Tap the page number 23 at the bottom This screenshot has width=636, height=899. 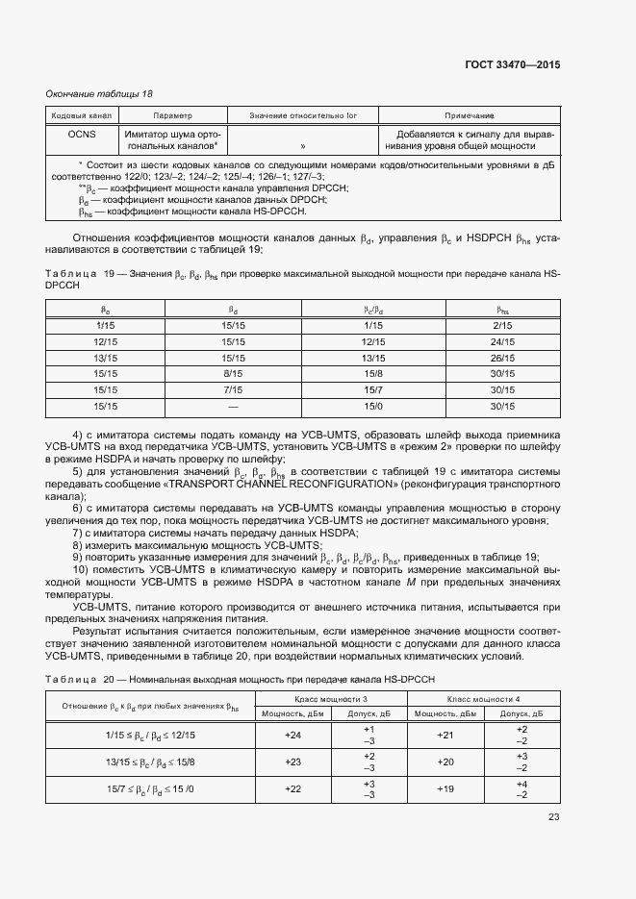click(x=553, y=817)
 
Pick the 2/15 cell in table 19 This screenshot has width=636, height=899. click(x=501, y=327)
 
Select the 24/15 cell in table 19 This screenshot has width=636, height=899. click(x=501, y=342)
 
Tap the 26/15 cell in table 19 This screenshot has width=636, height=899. click(x=501, y=358)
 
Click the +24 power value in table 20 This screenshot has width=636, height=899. click(x=293, y=736)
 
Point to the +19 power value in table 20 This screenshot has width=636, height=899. click(x=445, y=788)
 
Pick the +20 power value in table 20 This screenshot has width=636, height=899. click(x=445, y=762)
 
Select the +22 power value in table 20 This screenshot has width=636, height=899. click(x=293, y=788)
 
